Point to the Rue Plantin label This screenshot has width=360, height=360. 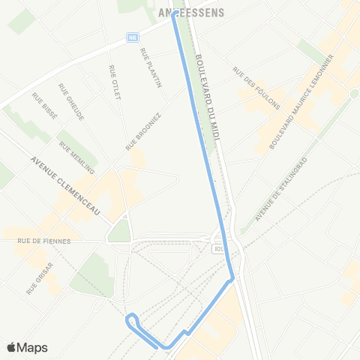pyautogui.click(x=151, y=67)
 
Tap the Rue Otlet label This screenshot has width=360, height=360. pyautogui.click(x=115, y=80)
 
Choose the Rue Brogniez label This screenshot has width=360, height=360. pyautogui.click(x=143, y=131)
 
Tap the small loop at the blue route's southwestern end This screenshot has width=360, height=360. pyautogui.click(x=132, y=320)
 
